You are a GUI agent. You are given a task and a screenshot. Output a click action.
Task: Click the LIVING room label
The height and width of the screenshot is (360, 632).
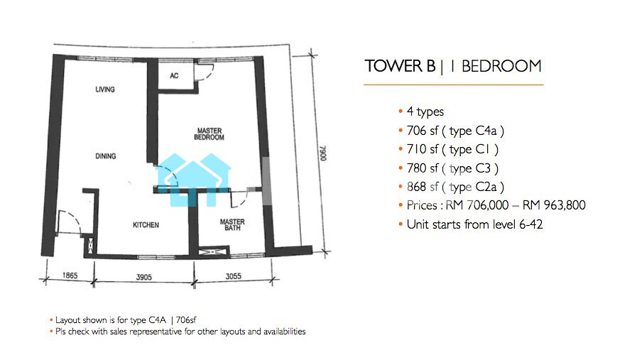tap(105, 89)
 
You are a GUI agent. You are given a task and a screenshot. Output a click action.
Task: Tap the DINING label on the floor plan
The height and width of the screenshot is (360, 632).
tap(106, 156)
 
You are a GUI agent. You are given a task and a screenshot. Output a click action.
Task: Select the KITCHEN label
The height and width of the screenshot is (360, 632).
tap(146, 225)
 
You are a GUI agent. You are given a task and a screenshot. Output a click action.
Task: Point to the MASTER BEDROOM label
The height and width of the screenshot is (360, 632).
tap(209, 133)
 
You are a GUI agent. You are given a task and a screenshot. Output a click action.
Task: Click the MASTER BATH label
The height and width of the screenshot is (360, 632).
tap(232, 224)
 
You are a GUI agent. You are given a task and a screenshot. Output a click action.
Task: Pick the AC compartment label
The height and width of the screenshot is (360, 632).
tap(174, 75)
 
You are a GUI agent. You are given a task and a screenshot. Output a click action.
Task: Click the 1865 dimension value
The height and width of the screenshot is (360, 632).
tap(70, 276)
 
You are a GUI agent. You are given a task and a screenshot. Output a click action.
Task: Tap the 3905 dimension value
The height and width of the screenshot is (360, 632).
tap(144, 277)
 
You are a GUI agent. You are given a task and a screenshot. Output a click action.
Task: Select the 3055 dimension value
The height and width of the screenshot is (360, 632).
tap(234, 276)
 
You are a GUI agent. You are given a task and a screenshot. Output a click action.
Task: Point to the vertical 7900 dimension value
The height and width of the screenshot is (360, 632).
tap(323, 153)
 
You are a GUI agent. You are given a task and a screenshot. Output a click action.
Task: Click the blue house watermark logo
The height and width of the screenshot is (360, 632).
tap(193, 180)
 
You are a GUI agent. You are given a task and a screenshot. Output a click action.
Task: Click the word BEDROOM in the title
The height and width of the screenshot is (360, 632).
tap(501, 66)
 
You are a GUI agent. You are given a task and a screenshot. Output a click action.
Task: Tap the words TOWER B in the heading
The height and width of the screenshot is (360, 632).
tap(401, 66)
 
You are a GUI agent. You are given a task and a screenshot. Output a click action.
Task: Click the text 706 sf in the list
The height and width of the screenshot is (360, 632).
tap(423, 131)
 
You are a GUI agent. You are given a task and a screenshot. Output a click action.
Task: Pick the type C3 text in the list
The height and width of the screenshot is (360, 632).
tap(470, 168)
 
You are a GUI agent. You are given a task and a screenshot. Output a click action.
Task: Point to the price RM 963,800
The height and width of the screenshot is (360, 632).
tap(554, 205)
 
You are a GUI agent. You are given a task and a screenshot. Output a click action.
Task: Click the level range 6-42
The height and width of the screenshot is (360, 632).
tap(531, 224)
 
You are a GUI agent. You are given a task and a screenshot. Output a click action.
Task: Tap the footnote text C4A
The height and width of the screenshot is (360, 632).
tap(157, 320)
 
